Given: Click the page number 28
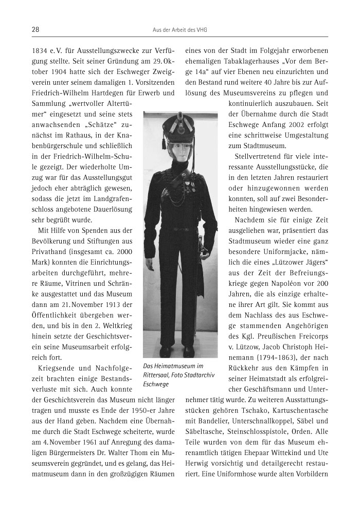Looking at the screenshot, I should coord(36,30).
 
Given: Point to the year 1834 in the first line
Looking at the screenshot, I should coord(41,51).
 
